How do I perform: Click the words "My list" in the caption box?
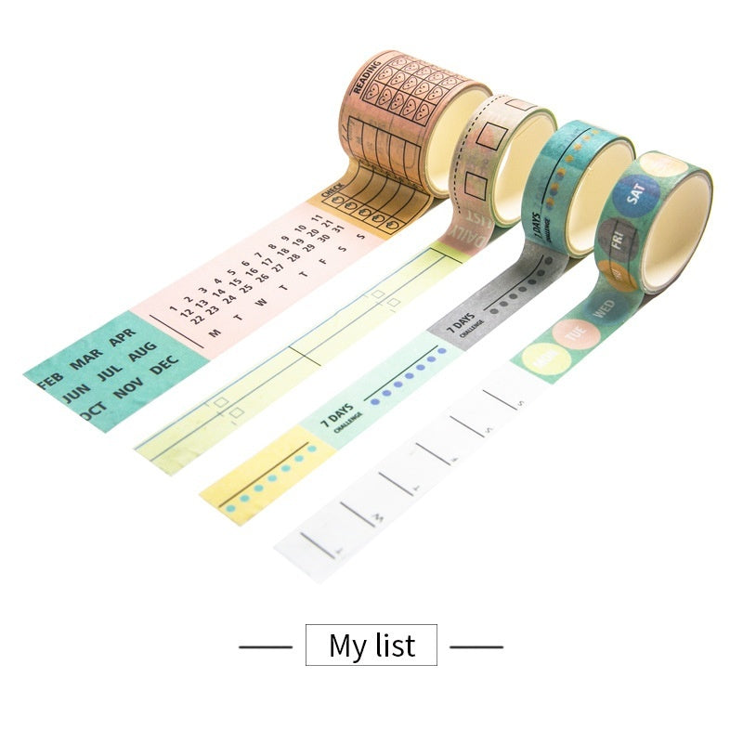[371, 645]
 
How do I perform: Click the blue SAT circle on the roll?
[636, 192]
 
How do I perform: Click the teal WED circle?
[604, 308]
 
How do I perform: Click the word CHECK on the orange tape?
[332, 188]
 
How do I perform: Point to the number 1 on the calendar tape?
[173, 308]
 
